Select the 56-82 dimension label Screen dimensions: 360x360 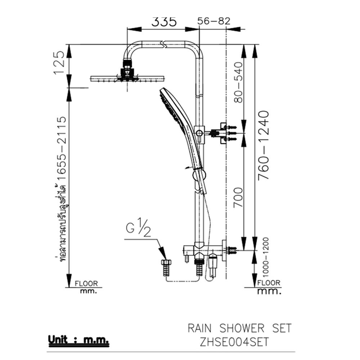point(214,21)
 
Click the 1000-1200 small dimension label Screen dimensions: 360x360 point(265,256)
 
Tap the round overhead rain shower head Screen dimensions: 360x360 point(127,78)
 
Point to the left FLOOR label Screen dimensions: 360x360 point(86,284)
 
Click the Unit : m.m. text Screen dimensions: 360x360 point(79,339)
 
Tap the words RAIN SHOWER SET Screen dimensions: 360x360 point(239,328)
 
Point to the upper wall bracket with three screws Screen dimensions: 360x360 point(225,133)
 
